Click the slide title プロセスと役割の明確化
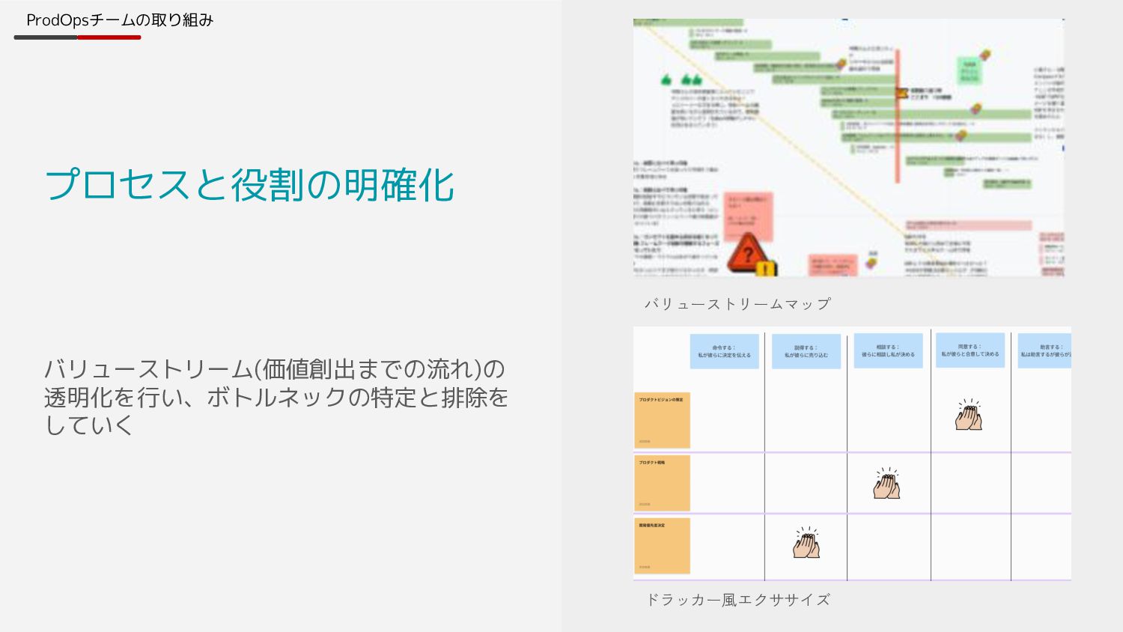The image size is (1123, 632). point(249,185)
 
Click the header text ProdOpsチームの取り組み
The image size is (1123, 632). point(120,20)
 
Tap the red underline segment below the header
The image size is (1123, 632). point(109,37)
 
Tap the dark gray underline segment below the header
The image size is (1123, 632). point(45,37)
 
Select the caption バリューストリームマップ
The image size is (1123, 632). point(737,304)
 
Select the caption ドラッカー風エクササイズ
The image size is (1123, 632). point(737,600)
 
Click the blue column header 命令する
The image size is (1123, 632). point(724,351)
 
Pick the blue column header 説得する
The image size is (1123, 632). point(806,351)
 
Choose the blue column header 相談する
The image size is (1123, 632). point(888,350)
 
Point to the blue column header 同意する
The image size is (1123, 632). point(970,350)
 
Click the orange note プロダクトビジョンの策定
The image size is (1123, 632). point(662,420)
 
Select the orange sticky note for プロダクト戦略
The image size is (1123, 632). point(662,483)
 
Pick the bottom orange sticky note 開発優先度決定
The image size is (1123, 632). point(662,546)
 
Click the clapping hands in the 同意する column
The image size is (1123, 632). point(969,415)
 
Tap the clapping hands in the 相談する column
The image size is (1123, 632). point(886,484)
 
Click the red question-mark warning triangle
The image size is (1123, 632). point(746,254)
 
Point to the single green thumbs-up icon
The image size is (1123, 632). point(666,79)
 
